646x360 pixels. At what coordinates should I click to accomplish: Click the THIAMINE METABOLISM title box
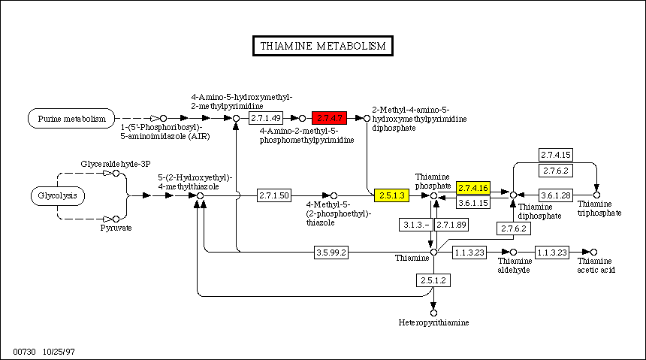(x=322, y=46)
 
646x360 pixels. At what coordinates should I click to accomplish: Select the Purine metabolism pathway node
(x=72, y=118)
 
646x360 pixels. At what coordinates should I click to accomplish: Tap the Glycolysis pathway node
(x=58, y=196)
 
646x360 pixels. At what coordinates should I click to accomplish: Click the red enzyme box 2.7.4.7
(x=330, y=118)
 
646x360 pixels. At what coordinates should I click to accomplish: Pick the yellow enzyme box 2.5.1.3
(x=391, y=195)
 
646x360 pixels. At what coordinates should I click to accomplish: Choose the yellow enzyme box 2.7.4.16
(x=473, y=187)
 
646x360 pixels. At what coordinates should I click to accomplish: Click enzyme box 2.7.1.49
(x=266, y=118)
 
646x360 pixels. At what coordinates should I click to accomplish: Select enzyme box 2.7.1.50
(x=274, y=195)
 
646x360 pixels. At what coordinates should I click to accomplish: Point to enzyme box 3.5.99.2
(x=331, y=253)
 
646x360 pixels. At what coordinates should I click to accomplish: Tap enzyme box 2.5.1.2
(x=433, y=280)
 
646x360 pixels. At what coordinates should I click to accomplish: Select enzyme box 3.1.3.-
(x=413, y=225)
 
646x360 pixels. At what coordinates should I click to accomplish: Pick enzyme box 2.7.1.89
(x=451, y=225)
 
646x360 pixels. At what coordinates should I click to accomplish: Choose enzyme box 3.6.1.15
(x=473, y=202)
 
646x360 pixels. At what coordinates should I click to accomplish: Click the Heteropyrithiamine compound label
(x=433, y=322)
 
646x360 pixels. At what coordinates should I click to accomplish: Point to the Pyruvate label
(x=116, y=228)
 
